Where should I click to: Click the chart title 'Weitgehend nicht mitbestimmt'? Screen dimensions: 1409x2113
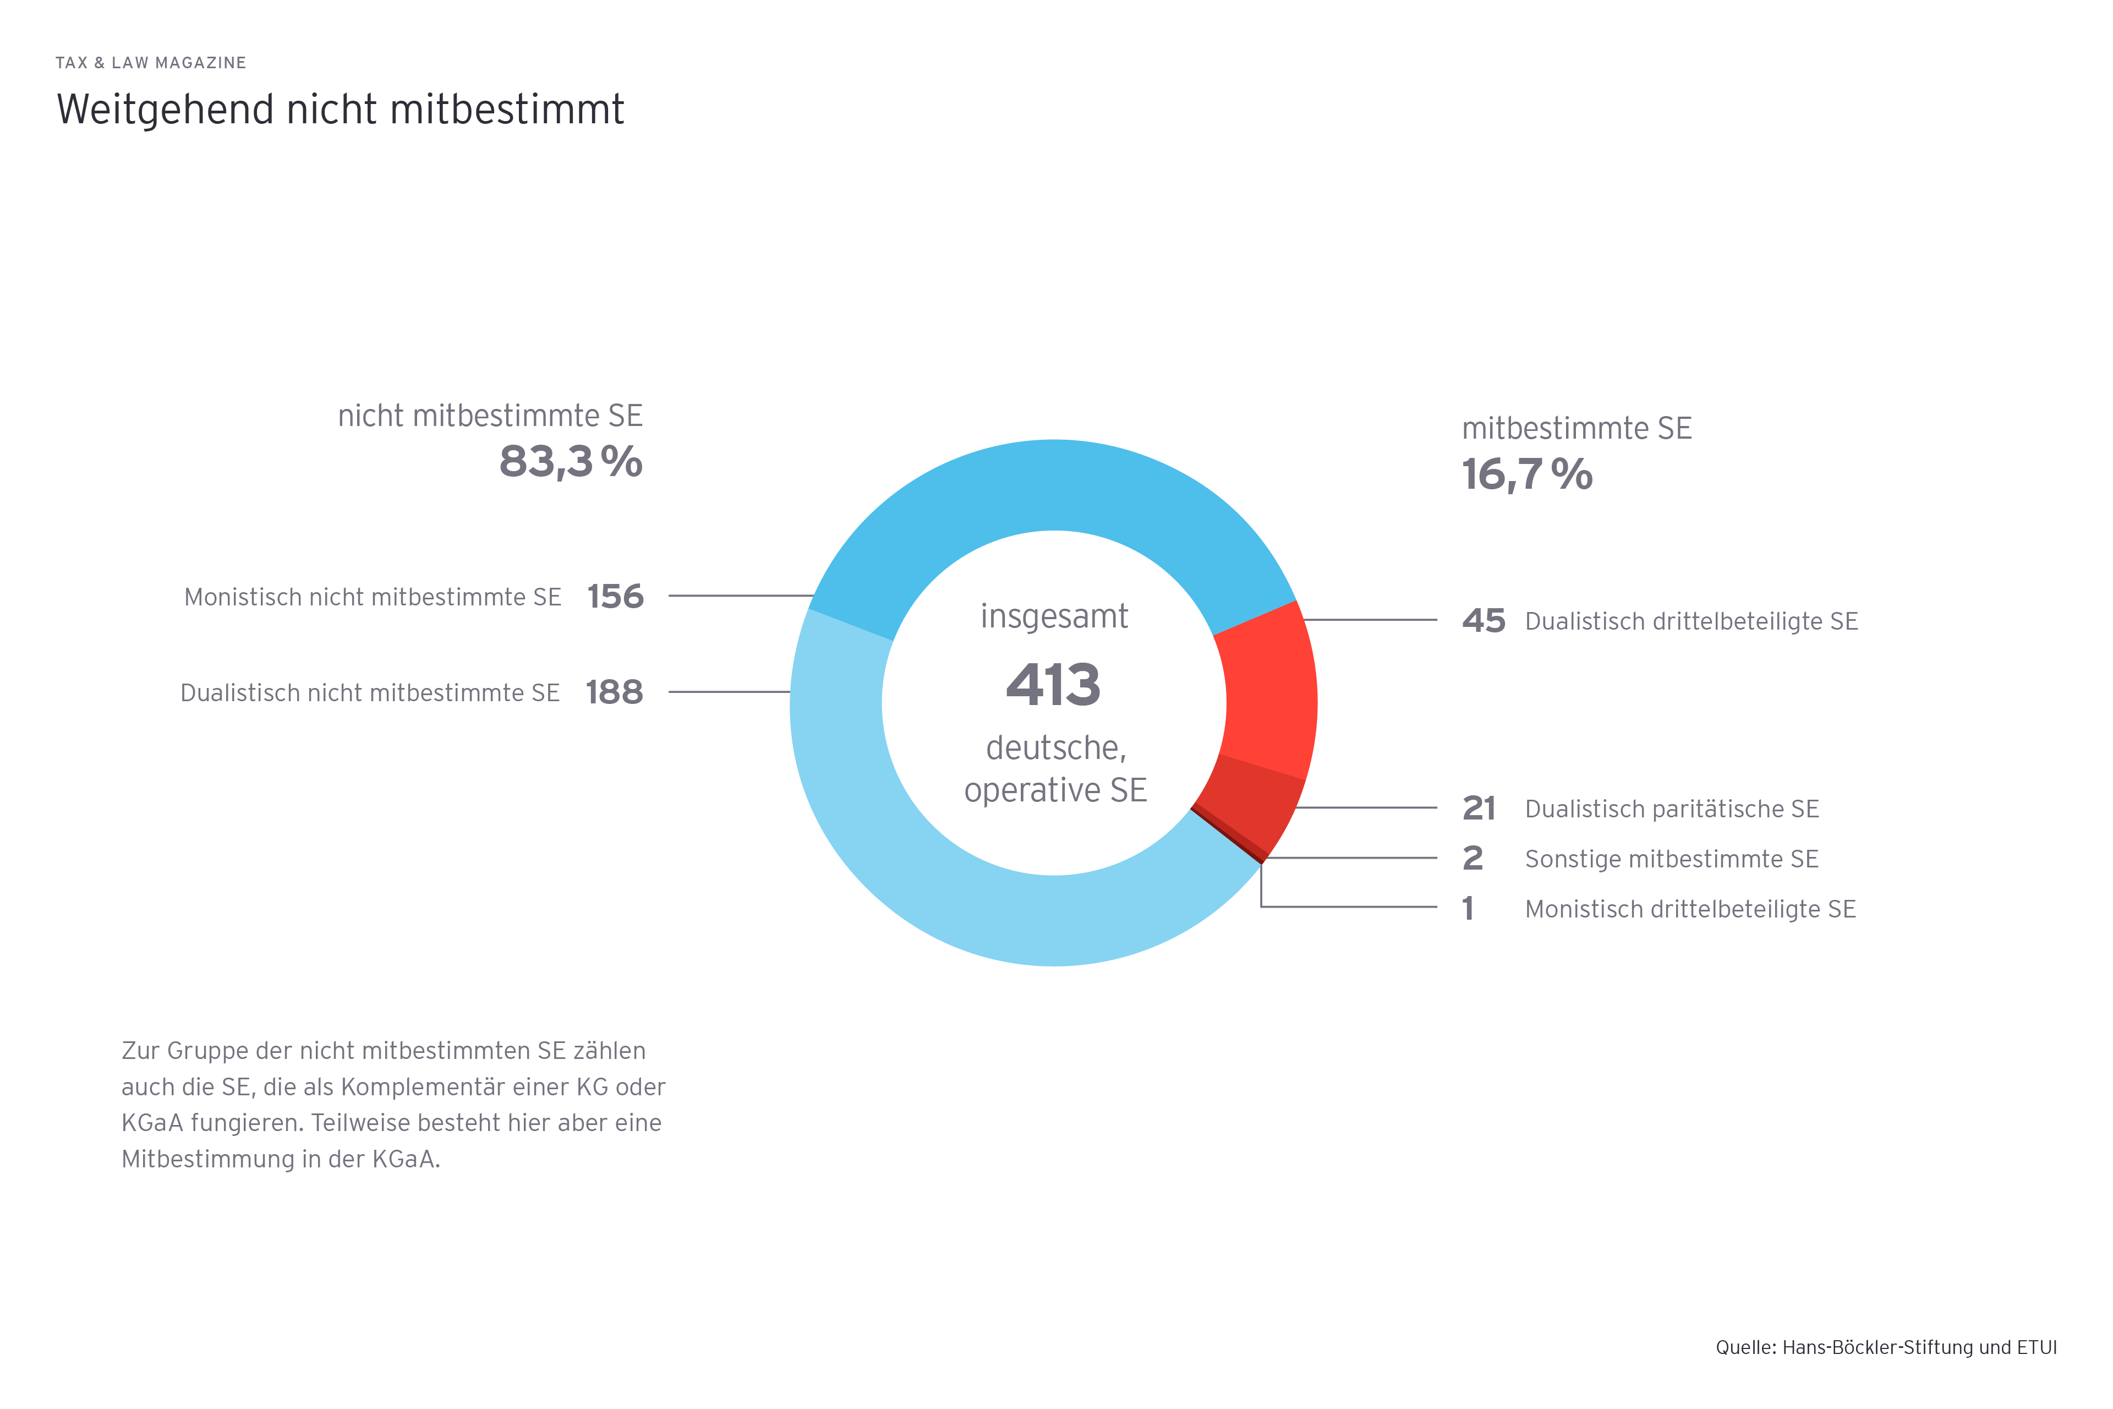coord(340,110)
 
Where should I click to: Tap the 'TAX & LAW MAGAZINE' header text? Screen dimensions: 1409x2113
coord(151,63)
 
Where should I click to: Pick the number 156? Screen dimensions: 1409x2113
coord(615,597)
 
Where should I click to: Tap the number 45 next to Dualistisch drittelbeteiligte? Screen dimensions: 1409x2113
coord(1484,621)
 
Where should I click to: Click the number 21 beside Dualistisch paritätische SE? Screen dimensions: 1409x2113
coord(1479,809)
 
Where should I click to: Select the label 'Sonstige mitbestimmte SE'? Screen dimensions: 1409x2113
coord(1671,859)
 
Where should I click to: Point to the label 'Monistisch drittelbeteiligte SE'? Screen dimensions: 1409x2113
coord(1690,909)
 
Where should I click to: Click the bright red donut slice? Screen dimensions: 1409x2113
coord(1267,692)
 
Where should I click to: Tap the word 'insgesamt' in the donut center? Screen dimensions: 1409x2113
coord(1054,616)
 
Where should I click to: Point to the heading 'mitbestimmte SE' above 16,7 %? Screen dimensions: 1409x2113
coord(1576,429)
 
